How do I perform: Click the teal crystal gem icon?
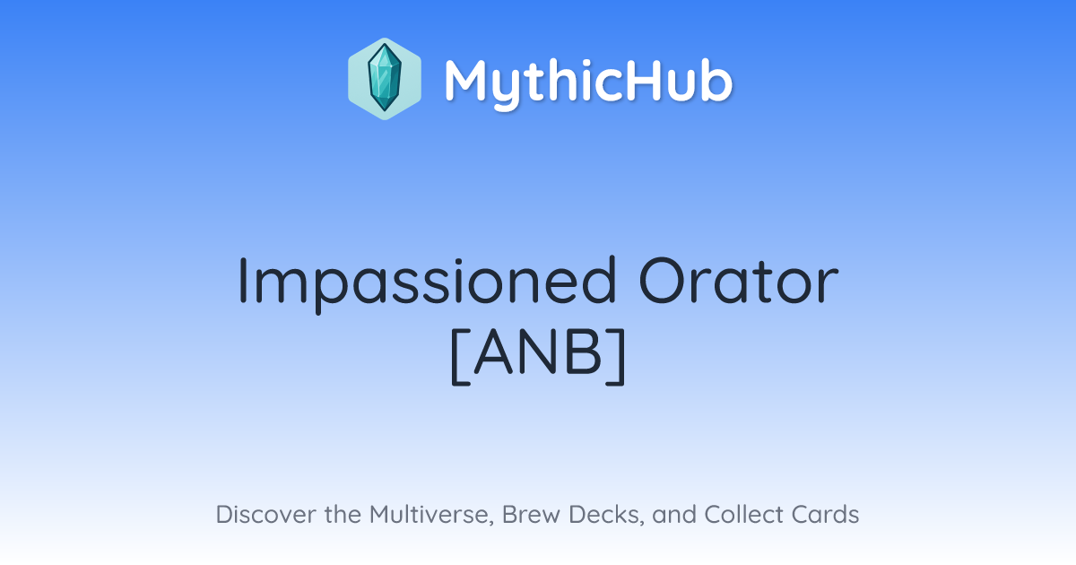coord(385,78)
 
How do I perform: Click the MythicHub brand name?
coord(589,83)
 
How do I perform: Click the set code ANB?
coord(538,354)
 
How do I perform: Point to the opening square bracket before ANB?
coord(460,357)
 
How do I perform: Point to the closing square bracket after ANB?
coord(616,357)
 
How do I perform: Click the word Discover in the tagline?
coord(265,514)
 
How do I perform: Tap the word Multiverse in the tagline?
coord(431,515)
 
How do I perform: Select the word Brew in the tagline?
coord(531,514)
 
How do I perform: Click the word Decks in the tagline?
coord(606,515)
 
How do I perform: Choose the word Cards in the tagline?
coord(825,514)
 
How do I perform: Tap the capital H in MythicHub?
coord(652,80)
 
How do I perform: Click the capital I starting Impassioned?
coord(243,281)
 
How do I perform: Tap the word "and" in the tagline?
coord(674,514)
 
